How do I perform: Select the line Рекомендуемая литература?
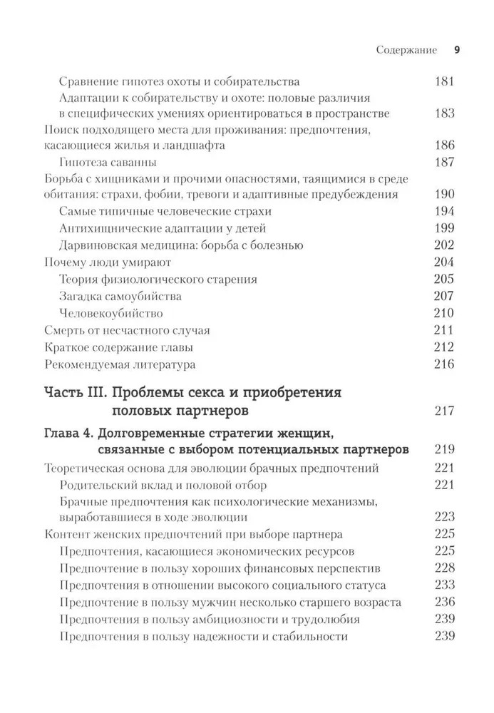point(119,364)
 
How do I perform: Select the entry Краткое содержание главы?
point(118,347)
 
